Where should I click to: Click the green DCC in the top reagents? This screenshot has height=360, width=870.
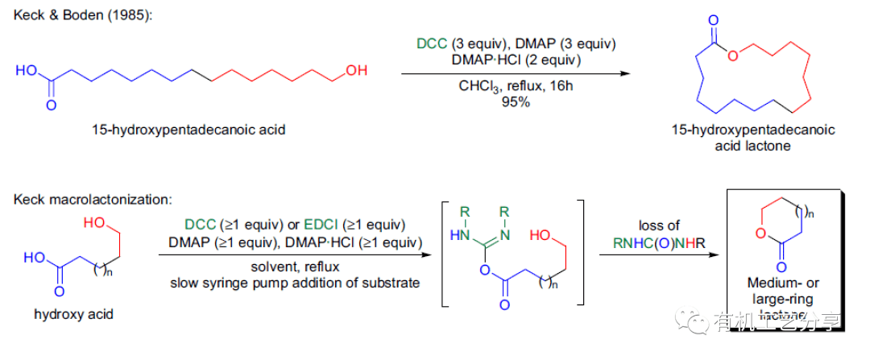[431, 43]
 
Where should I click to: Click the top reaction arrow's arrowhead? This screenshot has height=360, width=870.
[624, 73]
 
